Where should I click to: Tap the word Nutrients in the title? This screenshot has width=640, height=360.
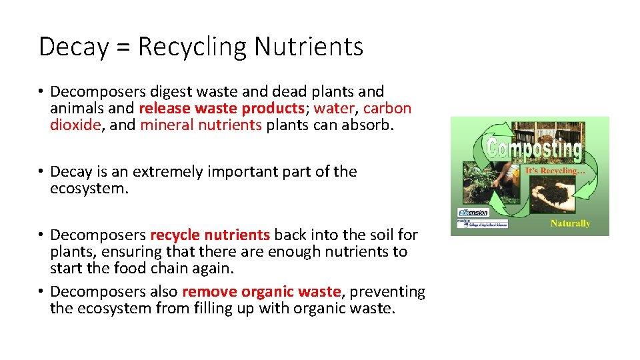(309, 47)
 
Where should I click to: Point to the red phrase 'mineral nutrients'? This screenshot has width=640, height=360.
(201, 125)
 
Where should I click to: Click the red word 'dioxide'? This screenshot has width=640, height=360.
(75, 125)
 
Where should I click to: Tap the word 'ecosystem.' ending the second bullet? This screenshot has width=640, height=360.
(88, 189)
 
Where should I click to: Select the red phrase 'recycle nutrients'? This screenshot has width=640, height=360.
(210, 235)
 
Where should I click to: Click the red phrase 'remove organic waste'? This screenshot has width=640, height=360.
(261, 291)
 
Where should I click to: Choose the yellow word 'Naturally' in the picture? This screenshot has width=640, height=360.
(569, 223)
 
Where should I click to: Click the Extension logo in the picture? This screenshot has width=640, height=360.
(473, 213)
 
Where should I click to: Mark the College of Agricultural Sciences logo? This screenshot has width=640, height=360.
(482, 225)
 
